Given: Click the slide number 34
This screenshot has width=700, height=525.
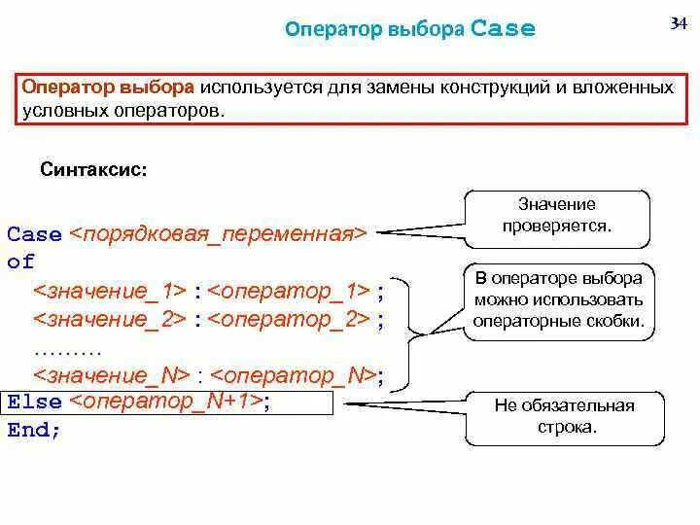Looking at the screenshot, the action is [x=677, y=23].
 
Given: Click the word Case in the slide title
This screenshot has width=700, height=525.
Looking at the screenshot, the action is [x=503, y=28].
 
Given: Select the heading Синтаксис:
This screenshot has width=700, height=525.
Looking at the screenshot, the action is [x=94, y=169].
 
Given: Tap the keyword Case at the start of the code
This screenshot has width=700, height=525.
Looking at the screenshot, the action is [x=34, y=235].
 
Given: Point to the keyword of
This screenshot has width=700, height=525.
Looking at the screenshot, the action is [x=20, y=262].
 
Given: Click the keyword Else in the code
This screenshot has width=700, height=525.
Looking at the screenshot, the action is [x=34, y=402].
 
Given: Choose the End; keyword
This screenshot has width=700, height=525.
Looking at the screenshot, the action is [x=34, y=430].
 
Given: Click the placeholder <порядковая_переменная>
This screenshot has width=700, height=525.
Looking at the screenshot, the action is [x=219, y=234].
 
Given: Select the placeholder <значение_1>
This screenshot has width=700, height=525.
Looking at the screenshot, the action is [x=110, y=291].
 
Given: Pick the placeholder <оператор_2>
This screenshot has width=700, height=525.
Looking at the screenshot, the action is [x=289, y=319].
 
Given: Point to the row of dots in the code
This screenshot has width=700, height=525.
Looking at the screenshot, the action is [x=67, y=347].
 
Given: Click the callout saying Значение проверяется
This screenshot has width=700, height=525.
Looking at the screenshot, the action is [x=557, y=216].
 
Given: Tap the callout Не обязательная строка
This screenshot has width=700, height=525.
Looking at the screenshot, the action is [x=564, y=416].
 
